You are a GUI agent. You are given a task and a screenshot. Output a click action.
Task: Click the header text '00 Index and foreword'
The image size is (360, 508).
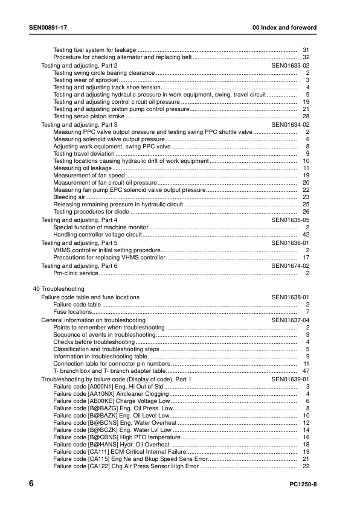pyautogui.click(x=284, y=29)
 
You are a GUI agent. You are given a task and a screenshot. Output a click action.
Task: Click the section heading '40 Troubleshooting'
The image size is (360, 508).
pyautogui.click(x=59, y=290)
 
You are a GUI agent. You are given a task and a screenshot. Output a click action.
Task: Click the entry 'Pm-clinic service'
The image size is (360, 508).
pyautogui.click(x=76, y=273)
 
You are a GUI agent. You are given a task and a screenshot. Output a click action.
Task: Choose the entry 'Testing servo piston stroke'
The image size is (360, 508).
pyautogui.click(x=89, y=116)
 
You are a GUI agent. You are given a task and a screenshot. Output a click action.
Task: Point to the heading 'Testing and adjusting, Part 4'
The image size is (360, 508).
pyautogui.click(x=79, y=220)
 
